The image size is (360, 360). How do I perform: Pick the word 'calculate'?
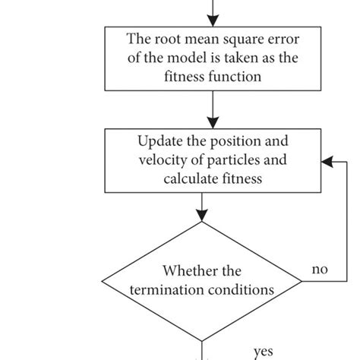190,178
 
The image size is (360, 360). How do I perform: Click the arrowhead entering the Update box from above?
213,123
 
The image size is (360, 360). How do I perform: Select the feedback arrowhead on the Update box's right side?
326,161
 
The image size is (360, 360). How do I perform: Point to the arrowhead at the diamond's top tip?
201,216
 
